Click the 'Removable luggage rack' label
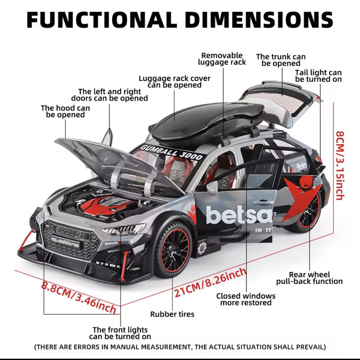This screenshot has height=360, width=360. tap(222, 59)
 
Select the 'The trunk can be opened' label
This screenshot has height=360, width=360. tap(281, 60)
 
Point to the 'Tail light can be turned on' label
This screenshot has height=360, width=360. tap(318, 76)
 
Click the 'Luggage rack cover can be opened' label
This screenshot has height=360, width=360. tap(175, 81)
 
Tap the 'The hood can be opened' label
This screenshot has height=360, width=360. tap(65, 111)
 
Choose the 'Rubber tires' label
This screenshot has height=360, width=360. tap(172, 314)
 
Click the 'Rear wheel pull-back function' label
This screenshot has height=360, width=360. tap(309, 278)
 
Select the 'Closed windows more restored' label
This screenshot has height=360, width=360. tap(246, 299)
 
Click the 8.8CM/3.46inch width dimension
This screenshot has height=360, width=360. tap(79, 297)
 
